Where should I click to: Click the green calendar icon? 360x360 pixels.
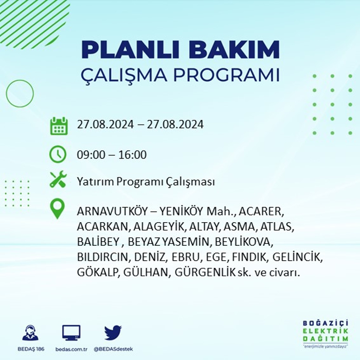(x=59, y=126)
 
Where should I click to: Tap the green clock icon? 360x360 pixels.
(x=58, y=154)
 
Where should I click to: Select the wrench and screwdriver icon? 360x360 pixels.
(x=58, y=179)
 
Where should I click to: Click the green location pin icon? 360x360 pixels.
(x=58, y=208)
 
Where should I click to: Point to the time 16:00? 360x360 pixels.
(x=133, y=155)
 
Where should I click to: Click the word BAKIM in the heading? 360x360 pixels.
(x=234, y=49)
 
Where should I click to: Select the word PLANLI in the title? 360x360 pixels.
(x=130, y=49)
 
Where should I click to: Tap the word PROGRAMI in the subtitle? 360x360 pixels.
(x=227, y=75)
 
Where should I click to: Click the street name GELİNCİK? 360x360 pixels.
(x=298, y=257)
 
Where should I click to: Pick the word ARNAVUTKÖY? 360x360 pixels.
(x=112, y=211)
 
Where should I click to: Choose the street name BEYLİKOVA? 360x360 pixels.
(x=244, y=242)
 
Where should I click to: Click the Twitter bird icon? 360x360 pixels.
(x=113, y=332)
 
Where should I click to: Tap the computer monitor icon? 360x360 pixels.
(x=71, y=333)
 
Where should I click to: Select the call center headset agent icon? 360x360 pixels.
(x=30, y=332)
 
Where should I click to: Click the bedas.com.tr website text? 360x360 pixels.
(x=71, y=349)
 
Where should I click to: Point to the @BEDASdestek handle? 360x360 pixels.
(x=113, y=349)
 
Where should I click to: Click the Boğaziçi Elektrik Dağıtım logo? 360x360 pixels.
(x=326, y=334)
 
